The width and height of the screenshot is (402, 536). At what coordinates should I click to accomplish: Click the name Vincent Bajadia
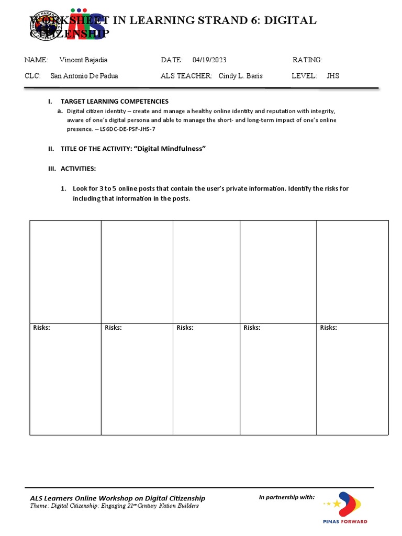83,60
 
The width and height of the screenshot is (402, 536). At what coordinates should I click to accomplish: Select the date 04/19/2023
209,60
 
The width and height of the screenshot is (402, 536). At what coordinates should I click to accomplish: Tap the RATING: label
307,60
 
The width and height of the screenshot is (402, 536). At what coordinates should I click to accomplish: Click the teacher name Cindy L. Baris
240,76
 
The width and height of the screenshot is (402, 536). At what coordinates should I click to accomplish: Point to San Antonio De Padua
84,76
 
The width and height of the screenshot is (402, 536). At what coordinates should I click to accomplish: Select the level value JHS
333,76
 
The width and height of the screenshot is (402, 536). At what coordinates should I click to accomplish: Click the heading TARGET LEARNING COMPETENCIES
114,101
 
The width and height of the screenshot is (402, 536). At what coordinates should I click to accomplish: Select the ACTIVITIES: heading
78,169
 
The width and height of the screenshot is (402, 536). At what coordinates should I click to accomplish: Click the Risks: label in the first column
42,328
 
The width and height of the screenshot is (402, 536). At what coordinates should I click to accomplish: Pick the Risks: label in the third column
185,328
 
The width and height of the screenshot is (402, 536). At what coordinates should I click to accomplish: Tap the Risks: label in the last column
329,328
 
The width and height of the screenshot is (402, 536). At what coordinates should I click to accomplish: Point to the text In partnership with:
287,497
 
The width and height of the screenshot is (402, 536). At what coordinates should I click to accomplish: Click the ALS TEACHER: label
186,76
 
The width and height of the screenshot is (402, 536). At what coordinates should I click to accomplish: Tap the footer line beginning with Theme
114,506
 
